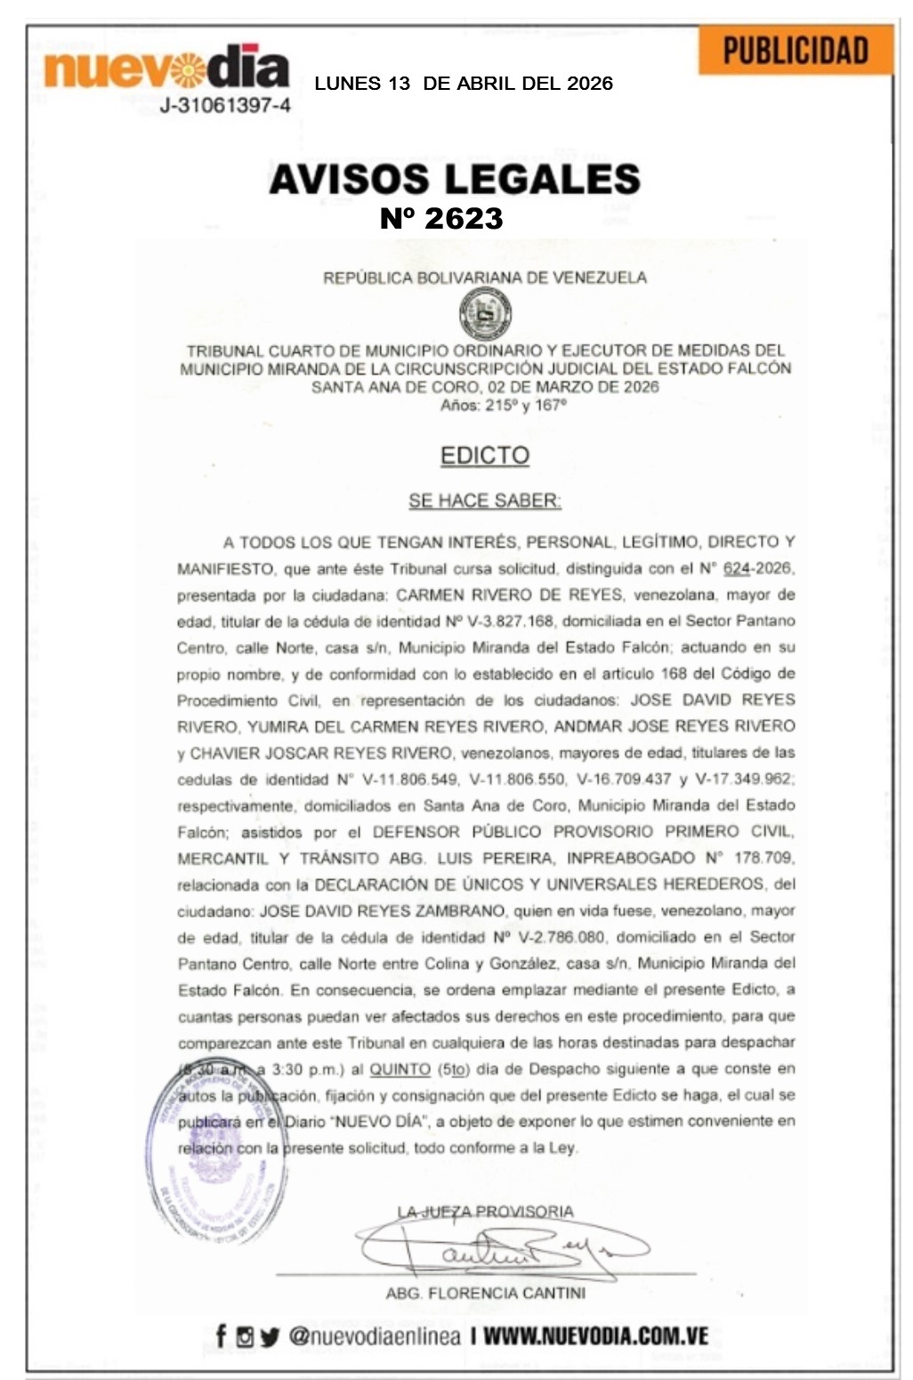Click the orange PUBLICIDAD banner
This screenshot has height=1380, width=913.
(x=795, y=50)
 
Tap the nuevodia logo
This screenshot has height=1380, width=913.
(x=166, y=68)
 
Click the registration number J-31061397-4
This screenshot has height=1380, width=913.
(x=224, y=106)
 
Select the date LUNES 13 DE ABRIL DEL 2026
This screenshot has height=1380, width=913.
(x=464, y=84)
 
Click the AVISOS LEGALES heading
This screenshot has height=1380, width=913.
(x=455, y=179)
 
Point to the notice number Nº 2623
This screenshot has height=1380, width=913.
(x=441, y=219)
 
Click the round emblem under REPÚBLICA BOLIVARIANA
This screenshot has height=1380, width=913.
(x=485, y=313)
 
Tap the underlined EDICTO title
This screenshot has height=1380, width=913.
(x=485, y=456)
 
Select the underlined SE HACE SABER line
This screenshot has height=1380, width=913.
(x=485, y=501)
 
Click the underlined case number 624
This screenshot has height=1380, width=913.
(x=737, y=568)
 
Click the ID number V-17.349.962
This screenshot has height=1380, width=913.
(x=745, y=779)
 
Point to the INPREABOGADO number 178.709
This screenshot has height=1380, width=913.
(x=763, y=858)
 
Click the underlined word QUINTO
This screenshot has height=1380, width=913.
(x=400, y=1069)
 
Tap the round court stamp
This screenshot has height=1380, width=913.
(x=223, y=1157)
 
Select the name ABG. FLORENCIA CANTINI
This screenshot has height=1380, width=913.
(x=485, y=1293)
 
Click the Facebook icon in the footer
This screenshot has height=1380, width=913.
(x=221, y=1336)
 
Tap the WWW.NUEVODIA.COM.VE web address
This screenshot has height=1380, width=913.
(x=595, y=1336)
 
